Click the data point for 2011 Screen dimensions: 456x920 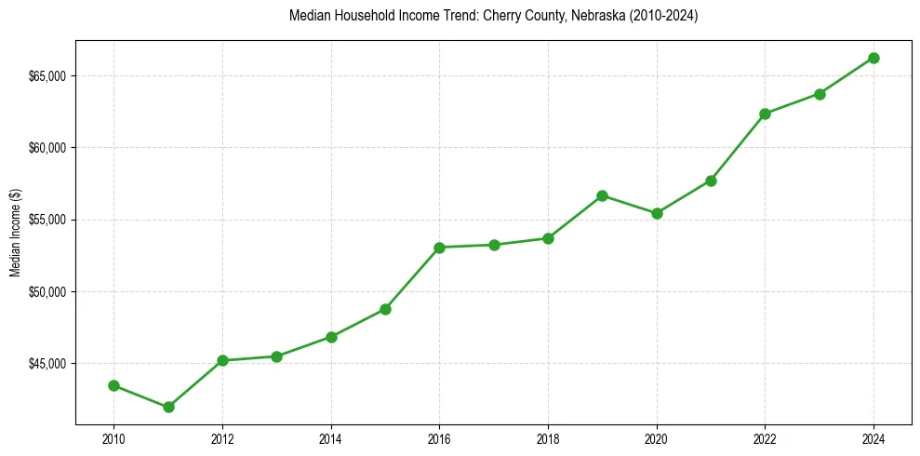[x=168, y=407]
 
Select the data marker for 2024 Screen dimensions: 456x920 [x=873, y=58]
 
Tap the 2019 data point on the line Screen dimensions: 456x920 [x=602, y=195]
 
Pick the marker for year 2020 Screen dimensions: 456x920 [x=657, y=213]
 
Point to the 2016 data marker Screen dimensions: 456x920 [x=439, y=248]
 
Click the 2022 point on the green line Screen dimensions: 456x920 [x=765, y=114]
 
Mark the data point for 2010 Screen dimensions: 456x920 [x=113, y=385]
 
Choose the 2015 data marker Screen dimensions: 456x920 [x=385, y=309]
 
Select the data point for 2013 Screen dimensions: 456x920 [x=276, y=356]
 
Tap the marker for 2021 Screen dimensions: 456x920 [x=711, y=181]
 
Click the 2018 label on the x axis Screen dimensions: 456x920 [x=548, y=438]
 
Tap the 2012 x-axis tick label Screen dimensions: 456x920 [x=222, y=438]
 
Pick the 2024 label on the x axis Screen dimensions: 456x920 [x=873, y=438]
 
